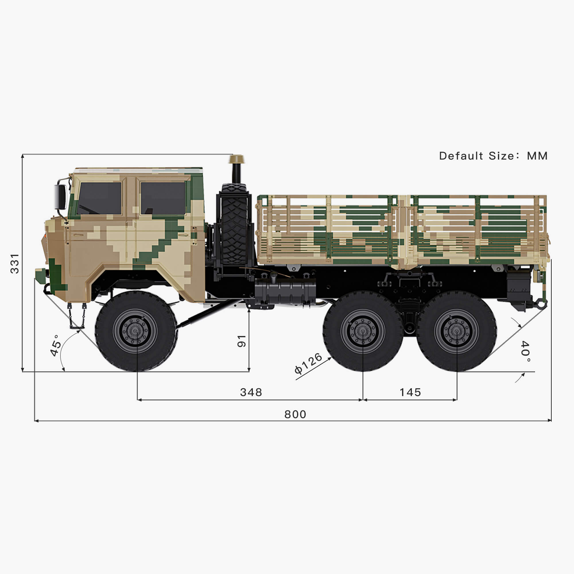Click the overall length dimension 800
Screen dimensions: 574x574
tap(295, 414)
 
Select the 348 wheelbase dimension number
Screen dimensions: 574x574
tap(251, 392)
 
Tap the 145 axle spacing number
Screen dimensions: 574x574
tap(410, 392)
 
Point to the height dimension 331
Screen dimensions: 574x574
tap(15, 263)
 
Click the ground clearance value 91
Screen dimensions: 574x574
tap(242, 341)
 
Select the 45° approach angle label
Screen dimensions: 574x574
tap(56, 346)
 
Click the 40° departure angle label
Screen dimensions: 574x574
tap(525, 352)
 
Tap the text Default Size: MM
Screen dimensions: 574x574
tap(493, 156)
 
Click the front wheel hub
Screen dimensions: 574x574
tap(135, 331)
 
